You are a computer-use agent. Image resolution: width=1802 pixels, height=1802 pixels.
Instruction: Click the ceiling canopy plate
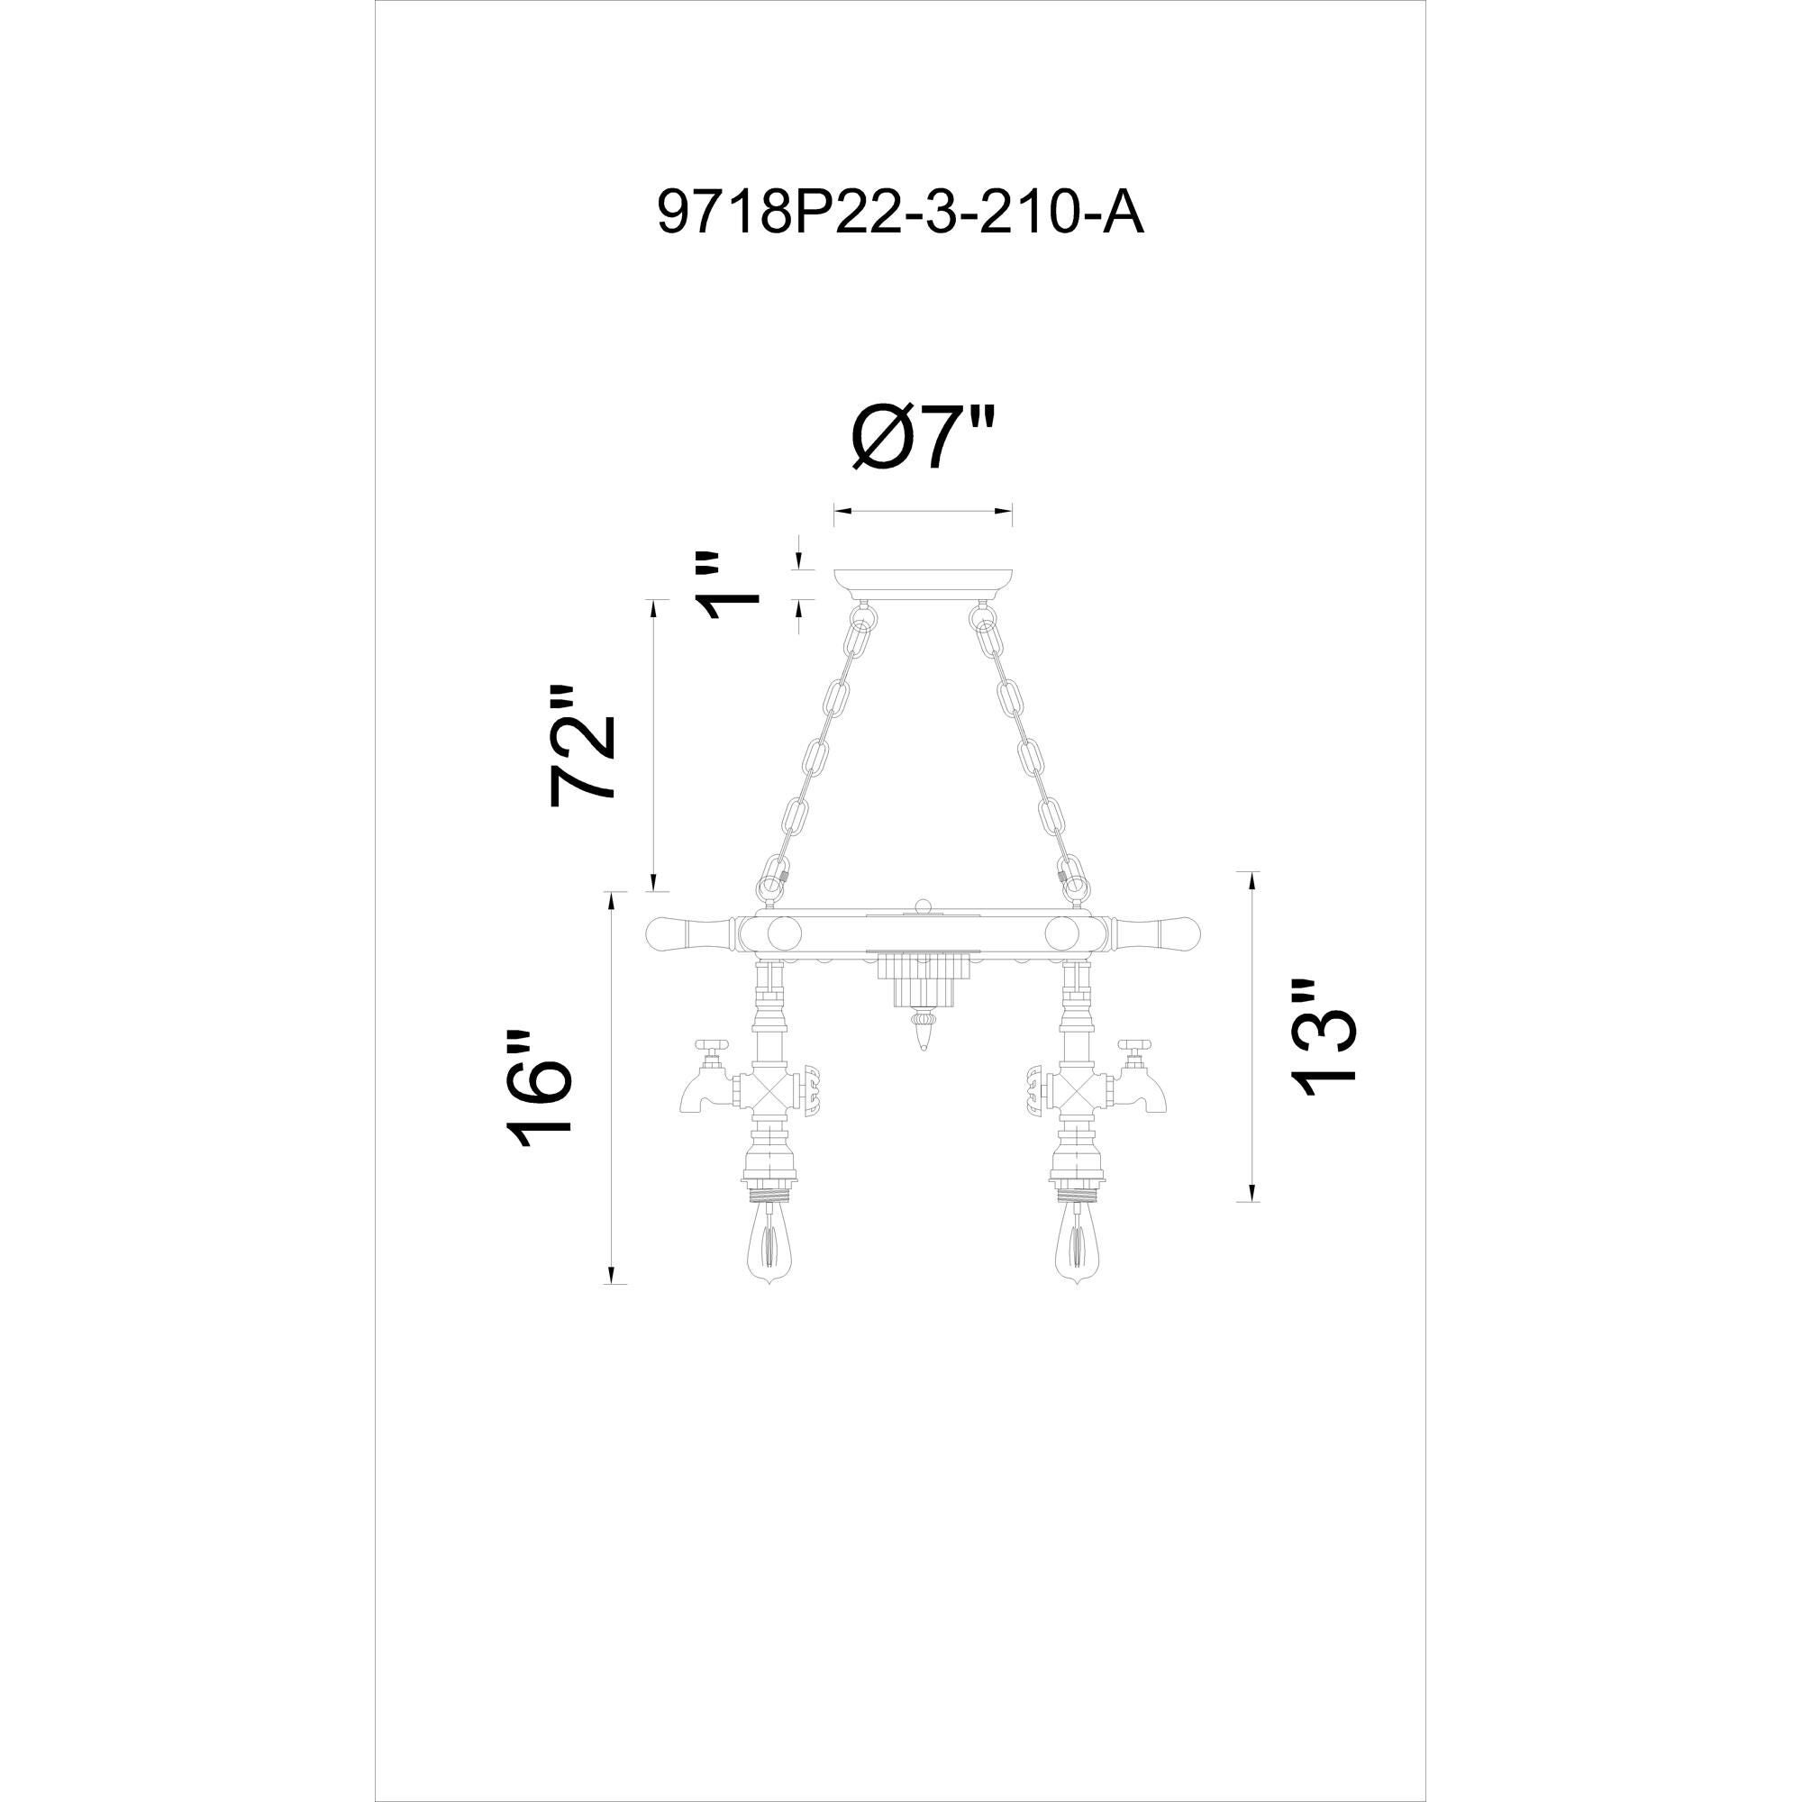[x=924, y=582]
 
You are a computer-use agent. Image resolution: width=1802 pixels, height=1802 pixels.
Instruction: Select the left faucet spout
[x=700, y=1092]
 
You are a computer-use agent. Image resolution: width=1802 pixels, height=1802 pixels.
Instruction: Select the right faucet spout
[x=1147, y=1092]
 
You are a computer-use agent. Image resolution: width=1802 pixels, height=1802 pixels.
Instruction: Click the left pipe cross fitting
[x=768, y=1088]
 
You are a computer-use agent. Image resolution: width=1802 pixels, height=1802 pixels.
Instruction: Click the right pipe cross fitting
[x=1078, y=1088]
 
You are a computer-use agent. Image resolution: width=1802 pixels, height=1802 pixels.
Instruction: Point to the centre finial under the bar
[x=924, y=1033]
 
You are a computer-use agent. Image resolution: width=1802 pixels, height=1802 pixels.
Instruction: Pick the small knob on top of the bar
[x=924, y=904]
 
